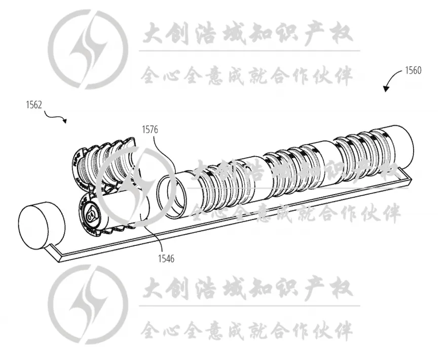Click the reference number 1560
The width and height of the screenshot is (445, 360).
click(x=413, y=70)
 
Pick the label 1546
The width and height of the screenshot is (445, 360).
click(x=166, y=259)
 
